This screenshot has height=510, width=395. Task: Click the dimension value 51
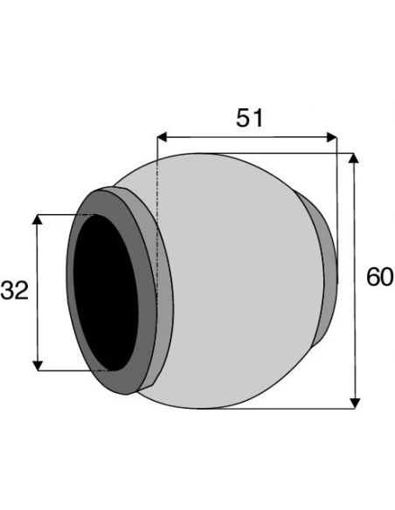249,118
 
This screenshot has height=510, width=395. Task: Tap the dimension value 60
380,278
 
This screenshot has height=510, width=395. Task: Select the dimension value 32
15,291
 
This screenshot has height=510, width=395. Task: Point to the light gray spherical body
236,288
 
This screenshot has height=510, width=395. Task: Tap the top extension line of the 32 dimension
66,214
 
